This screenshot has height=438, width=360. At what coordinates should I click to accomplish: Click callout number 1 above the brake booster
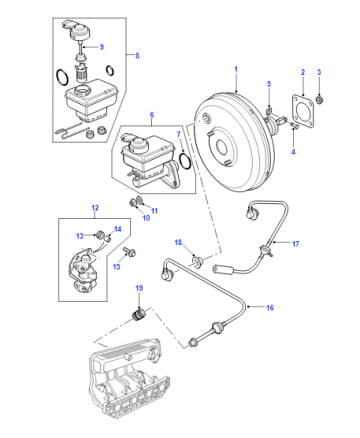coord(236,69)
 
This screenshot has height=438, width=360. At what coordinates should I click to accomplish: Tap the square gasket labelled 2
coord(303,112)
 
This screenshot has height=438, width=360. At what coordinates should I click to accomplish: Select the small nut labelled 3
coord(320,99)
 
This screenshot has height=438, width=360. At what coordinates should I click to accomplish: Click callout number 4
coord(293,152)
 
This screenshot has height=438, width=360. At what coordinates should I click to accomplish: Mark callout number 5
coord(269,84)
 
